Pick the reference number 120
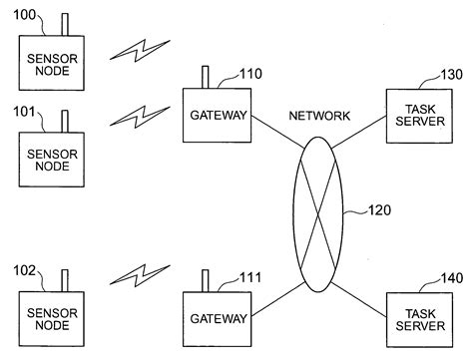380,210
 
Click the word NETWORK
319,117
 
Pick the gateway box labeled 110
218,115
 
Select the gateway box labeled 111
218,319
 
